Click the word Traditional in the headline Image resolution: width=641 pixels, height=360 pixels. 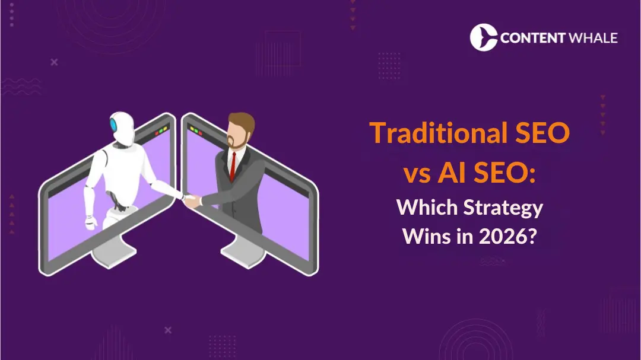(x=429, y=133)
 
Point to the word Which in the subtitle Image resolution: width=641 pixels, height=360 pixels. (x=421, y=208)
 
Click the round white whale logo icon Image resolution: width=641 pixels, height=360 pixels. (x=484, y=37)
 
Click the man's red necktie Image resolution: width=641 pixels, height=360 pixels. (x=233, y=165)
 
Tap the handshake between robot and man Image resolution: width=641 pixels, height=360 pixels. (x=189, y=199)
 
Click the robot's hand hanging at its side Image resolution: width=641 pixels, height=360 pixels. (x=91, y=222)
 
